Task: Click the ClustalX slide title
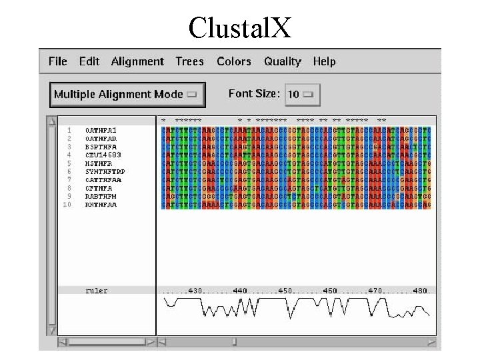(239, 27)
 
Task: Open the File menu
(58, 61)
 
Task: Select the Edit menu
(89, 61)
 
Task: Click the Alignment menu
(137, 61)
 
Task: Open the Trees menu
(189, 61)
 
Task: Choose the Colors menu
(234, 61)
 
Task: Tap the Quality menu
(283, 61)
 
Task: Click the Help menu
(324, 61)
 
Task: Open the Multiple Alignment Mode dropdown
(127, 94)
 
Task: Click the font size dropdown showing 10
(302, 94)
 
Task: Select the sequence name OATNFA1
(101, 130)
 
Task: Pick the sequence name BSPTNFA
(101, 147)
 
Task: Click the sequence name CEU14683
(103, 155)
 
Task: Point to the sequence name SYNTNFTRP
(105, 171)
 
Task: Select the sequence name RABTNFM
(101, 197)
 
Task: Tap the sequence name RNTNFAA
(101, 205)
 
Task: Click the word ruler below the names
(97, 291)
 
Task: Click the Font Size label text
(254, 93)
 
